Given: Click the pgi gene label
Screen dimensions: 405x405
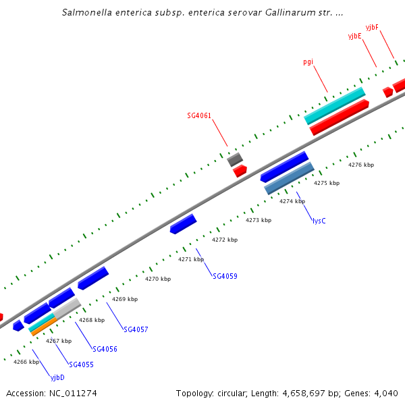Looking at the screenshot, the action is tap(308, 62).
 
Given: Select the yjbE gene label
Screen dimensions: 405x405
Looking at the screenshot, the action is tap(355, 36).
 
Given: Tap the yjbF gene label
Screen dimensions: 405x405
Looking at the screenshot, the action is tap(372, 27).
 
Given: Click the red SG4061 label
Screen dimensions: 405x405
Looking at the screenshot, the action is tap(199, 115).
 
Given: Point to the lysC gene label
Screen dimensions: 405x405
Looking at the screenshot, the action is tap(319, 221).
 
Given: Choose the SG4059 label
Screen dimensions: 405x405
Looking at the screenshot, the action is tap(225, 276).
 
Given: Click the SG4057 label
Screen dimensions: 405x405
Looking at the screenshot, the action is tap(136, 329).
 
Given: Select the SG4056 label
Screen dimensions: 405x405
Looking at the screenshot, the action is tap(105, 349).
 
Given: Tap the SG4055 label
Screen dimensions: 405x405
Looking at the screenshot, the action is tap(81, 364).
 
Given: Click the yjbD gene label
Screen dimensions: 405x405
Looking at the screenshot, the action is tap(58, 377).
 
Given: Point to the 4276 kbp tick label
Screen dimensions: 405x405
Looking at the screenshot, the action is tap(360, 165).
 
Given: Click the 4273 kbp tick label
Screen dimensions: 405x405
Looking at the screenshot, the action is tap(259, 220).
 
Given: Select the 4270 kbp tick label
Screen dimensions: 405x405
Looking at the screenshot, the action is tap(158, 279).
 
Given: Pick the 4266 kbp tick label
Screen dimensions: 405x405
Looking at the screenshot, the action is tap(26, 362).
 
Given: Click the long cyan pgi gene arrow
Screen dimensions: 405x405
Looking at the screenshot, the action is tap(335, 106).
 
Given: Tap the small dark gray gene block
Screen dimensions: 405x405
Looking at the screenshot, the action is tap(235, 159).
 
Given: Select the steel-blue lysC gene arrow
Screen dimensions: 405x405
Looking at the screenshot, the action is tap(290, 178).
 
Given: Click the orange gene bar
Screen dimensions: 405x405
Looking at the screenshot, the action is tap(43, 327).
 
